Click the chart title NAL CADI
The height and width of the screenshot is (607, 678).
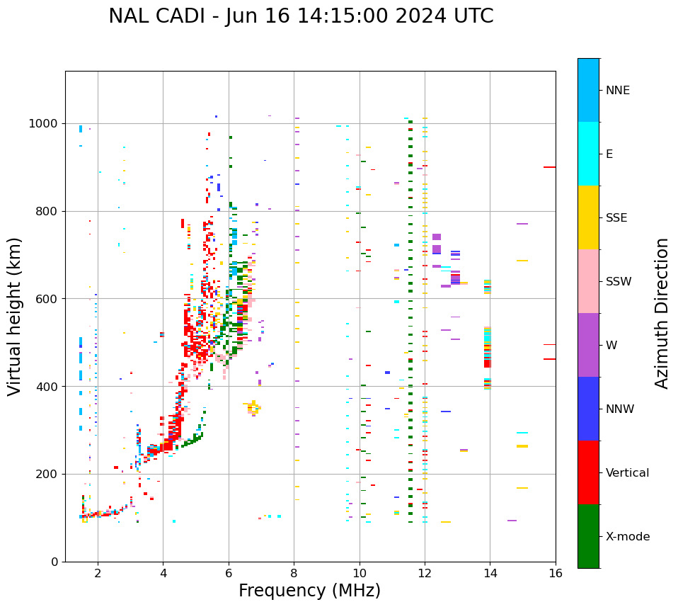[x=301, y=16]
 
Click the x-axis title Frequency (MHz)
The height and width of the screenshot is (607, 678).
[x=309, y=591]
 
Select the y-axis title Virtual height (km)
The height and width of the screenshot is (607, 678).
[x=15, y=316]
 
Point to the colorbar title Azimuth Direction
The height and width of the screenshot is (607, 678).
[x=662, y=312]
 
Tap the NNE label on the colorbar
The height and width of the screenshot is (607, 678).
[x=617, y=91]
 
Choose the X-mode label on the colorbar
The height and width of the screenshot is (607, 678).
[x=627, y=537]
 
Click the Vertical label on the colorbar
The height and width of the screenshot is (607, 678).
[x=628, y=473]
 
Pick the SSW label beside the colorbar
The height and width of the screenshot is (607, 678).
[x=619, y=282]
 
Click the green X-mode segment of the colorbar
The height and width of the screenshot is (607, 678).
[x=588, y=536]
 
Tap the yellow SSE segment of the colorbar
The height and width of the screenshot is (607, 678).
[x=588, y=217]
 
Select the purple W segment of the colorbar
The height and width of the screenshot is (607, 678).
[x=588, y=345]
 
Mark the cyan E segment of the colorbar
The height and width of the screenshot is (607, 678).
[x=588, y=154]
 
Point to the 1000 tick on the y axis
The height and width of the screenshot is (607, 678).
[x=45, y=124]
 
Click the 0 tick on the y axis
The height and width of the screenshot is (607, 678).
[x=54, y=562]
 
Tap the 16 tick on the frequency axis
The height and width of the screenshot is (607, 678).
[x=556, y=573]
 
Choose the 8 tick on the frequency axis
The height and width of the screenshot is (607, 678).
[x=294, y=573]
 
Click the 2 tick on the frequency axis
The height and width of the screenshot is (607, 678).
[x=98, y=573]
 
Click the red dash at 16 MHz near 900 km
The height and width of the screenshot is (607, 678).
[x=549, y=167]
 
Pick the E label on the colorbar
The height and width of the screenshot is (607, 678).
[x=609, y=154]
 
